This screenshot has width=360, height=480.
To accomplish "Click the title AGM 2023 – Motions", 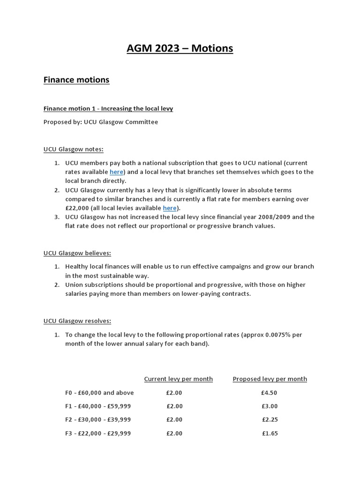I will pyautogui.click(x=180, y=49).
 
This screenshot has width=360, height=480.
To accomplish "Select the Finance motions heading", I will pyautogui.click(x=76, y=80).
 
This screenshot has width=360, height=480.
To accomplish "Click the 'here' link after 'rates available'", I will pyautogui.click(x=116, y=172).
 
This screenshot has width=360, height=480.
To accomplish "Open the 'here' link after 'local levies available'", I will pyautogui.click(x=170, y=208).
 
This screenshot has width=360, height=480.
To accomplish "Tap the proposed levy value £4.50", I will pyautogui.click(x=270, y=393).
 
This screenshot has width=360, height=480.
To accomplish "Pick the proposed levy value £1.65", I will pyautogui.click(x=270, y=434).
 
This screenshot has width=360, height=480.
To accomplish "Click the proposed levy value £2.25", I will pyautogui.click(x=270, y=420).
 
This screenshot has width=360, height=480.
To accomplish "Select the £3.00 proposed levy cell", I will pyautogui.click(x=270, y=406).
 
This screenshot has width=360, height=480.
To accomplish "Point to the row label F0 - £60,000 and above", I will pyautogui.click(x=99, y=393).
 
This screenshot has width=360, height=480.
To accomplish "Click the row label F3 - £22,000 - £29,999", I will pyautogui.click(x=98, y=434).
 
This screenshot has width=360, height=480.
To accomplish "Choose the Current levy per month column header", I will pyautogui.click(x=178, y=379).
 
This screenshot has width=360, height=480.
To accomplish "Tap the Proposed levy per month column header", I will pyautogui.click(x=270, y=379).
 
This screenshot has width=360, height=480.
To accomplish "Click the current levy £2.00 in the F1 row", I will pyautogui.click(x=174, y=406).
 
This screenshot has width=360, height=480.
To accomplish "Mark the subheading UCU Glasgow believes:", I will pyautogui.click(x=77, y=253).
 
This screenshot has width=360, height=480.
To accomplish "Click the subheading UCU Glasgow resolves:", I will pyautogui.click(x=77, y=321).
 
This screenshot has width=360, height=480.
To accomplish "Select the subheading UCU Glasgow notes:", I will pyautogui.click(x=73, y=149).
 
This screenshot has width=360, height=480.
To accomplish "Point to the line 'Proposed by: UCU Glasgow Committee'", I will pyautogui.click(x=101, y=122).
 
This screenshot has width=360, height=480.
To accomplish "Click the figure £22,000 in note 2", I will pyautogui.click(x=77, y=208).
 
